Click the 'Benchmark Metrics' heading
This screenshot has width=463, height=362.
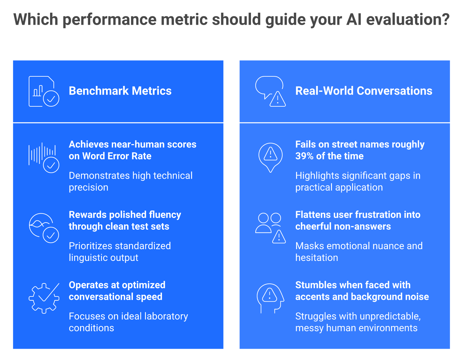[x=120, y=91]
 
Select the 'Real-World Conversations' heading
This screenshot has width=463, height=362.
[x=364, y=91]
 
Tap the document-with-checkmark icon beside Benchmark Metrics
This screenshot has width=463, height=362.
[x=44, y=91]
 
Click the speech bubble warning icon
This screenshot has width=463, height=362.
[x=270, y=91]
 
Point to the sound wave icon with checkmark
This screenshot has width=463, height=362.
[x=44, y=158]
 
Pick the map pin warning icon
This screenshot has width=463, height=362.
[x=270, y=158]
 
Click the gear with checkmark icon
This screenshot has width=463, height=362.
[x=44, y=298]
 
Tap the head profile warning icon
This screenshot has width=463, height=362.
[x=270, y=298]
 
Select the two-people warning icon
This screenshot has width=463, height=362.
[x=270, y=228]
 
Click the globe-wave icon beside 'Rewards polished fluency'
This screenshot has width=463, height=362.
[x=44, y=228]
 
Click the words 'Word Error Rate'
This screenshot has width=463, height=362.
[x=117, y=156]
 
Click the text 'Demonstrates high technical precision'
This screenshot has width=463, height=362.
[x=131, y=181]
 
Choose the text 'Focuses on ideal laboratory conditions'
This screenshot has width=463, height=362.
[x=128, y=322]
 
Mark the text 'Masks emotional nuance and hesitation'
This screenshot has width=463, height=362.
[x=359, y=252]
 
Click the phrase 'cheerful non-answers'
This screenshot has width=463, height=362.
[x=343, y=226]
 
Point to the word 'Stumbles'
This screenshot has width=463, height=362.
[x=313, y=285]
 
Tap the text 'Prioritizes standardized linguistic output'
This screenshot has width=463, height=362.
[x=120, y=252]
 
